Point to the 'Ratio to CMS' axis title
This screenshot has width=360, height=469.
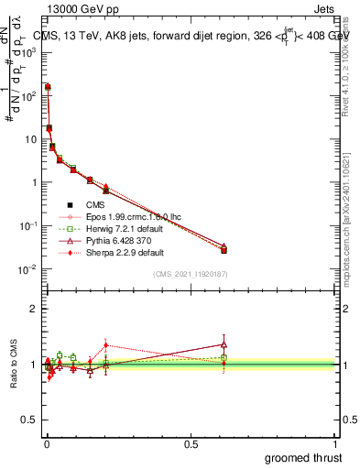14,364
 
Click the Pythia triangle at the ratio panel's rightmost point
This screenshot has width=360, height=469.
224,344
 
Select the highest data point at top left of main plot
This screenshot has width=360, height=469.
48,87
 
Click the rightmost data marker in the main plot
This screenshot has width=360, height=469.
224,249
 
